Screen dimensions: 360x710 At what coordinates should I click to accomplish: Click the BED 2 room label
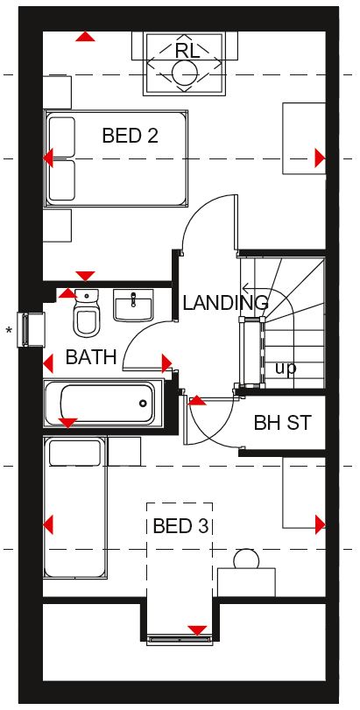click(130, 136)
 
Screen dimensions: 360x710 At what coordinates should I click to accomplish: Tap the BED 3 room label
click(180, 526)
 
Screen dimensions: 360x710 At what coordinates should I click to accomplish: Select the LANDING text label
click(225, 303)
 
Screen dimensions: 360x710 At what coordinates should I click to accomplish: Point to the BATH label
click(91, 357)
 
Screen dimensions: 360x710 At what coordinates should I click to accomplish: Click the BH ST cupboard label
click(283, 423)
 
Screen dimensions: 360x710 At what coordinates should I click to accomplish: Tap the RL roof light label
click(187, 51)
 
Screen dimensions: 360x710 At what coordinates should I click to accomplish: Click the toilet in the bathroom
click(86, 313)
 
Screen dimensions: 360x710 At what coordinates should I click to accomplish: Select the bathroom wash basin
click(133, 306)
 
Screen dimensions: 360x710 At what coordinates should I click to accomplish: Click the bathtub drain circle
click(143, 403)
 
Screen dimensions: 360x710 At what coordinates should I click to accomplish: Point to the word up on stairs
click(286, 369)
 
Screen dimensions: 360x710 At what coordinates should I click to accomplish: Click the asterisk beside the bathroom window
click(9, 331)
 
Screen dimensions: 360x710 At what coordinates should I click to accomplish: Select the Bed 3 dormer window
click(180, 639)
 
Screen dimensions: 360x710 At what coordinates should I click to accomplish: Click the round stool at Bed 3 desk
click(246, 559)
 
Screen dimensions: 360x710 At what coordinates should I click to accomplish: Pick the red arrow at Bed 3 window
click(197, 630)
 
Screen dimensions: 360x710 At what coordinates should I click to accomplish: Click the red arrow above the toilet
click(68, 293)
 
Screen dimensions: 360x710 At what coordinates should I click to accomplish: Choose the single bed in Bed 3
click(75, 507)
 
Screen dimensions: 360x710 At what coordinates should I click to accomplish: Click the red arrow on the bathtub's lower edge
click(68, 424)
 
